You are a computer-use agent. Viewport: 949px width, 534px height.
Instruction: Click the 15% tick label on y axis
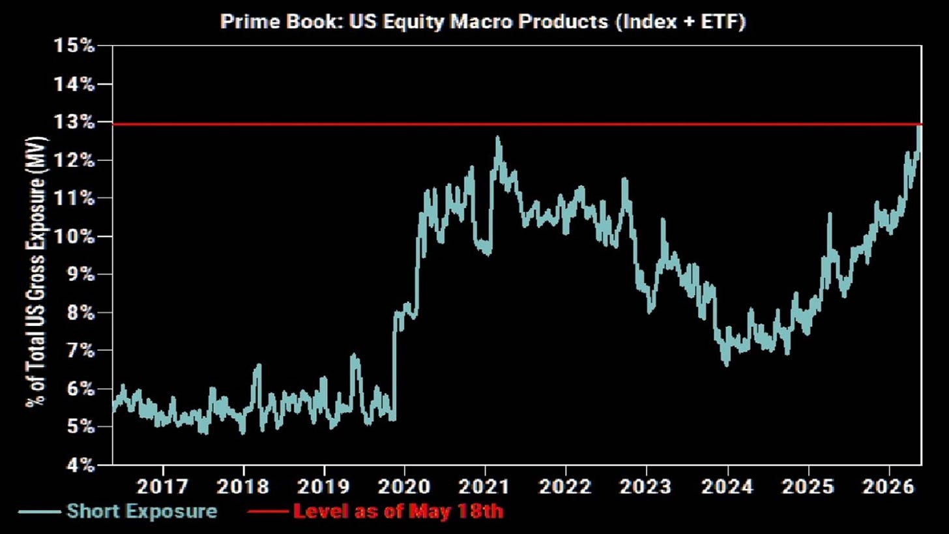click(x=74, y=46)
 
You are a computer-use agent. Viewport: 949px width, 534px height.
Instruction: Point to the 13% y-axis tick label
click(x=74, y=122)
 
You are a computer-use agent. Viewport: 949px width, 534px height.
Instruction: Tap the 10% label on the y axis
click(x=74, y=237)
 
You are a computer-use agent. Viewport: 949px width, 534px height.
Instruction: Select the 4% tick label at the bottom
click(x=80, y=465)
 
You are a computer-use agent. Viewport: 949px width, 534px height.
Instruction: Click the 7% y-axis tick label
click(x=80, y=351)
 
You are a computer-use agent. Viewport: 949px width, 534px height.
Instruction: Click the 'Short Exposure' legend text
click(x=142, y=511)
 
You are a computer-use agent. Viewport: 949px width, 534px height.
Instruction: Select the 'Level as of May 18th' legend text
click(x=399, y=511)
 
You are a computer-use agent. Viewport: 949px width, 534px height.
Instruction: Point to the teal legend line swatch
click(x=39, y=512)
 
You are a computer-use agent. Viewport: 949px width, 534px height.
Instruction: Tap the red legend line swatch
click(x=268, y=512)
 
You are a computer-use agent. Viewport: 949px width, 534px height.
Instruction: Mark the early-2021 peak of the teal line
click(x=497, y=137)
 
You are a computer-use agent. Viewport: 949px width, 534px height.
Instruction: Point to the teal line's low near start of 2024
click(x=727, y=365)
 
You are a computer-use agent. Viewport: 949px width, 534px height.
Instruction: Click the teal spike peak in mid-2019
click(x=353, y=354)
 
